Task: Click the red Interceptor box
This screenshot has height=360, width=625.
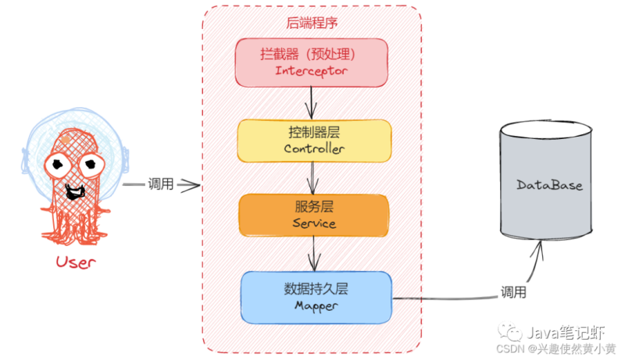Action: (312, 62)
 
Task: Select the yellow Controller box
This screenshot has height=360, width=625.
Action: (313, 140)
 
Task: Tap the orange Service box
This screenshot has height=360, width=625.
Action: (313, 215)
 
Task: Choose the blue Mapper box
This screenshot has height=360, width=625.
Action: (315, 297)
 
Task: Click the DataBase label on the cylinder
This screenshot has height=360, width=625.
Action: (549, 186)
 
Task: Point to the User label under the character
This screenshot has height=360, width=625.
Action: (75, 262)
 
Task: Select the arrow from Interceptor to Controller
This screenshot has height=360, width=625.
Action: (312, 101)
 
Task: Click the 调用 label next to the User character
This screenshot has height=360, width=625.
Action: (160, 185)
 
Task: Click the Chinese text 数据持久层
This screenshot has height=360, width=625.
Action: (315, 288)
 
